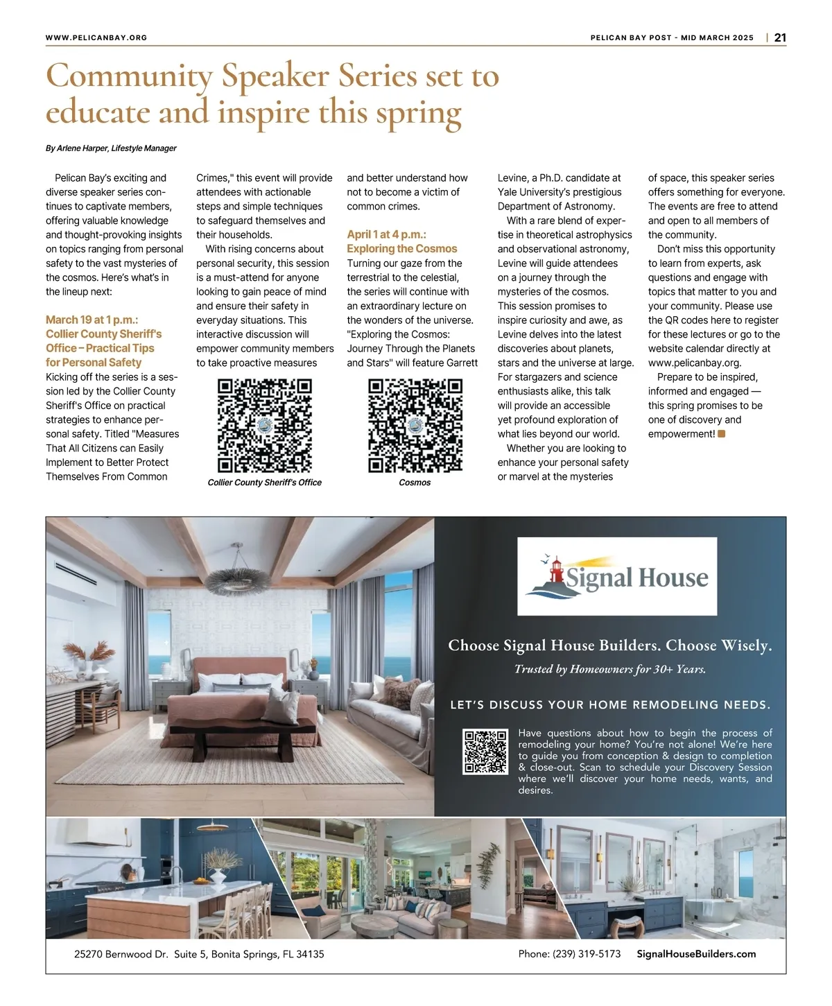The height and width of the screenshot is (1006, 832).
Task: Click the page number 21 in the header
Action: (780, 37)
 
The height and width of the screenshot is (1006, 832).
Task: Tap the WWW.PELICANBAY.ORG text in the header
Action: (96, 37)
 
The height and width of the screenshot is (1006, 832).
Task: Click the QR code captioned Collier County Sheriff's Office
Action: (265, 426)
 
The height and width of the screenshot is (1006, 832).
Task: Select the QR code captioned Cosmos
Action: (415, 426)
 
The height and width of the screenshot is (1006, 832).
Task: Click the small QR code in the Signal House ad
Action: (485, 752)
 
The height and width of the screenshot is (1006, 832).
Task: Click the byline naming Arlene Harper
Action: (111, 148)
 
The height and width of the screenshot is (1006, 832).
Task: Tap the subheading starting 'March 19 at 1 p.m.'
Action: (92, 320)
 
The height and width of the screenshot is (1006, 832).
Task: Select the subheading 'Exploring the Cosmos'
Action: (402, 249)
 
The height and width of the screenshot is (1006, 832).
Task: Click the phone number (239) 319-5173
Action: (569, 954)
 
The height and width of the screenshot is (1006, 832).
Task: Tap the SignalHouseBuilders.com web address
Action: (696, 954)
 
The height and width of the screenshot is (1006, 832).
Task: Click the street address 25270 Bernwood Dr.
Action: (121, 954)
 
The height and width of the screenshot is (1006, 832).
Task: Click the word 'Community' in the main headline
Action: (129, 76)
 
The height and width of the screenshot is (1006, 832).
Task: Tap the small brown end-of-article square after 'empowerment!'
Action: (722, 434)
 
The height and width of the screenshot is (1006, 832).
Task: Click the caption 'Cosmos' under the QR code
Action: (415, 483)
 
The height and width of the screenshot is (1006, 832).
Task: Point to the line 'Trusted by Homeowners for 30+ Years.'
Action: (610, 669)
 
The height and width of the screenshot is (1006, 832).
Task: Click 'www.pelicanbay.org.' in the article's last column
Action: (695, 363)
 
